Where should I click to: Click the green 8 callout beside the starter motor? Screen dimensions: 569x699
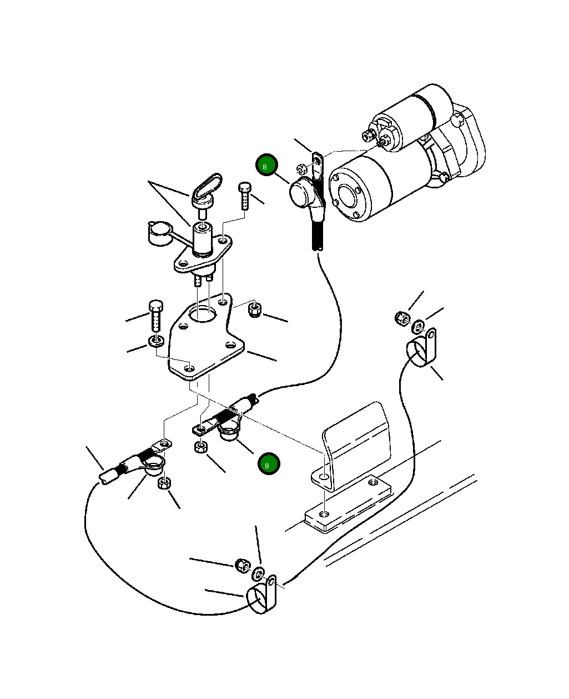click(266, 164)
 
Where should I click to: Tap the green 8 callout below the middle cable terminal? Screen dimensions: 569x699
click(269, 463)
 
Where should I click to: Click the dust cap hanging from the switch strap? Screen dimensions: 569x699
click(160, 233)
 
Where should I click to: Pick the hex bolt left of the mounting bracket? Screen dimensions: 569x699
click(156, 315)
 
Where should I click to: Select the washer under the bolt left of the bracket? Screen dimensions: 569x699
click(157, 341)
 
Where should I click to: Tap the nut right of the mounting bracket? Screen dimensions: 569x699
click(254, 309)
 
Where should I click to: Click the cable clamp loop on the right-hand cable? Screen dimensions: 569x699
click(422, 348)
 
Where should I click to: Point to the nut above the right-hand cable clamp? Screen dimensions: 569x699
click(402, 318)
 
